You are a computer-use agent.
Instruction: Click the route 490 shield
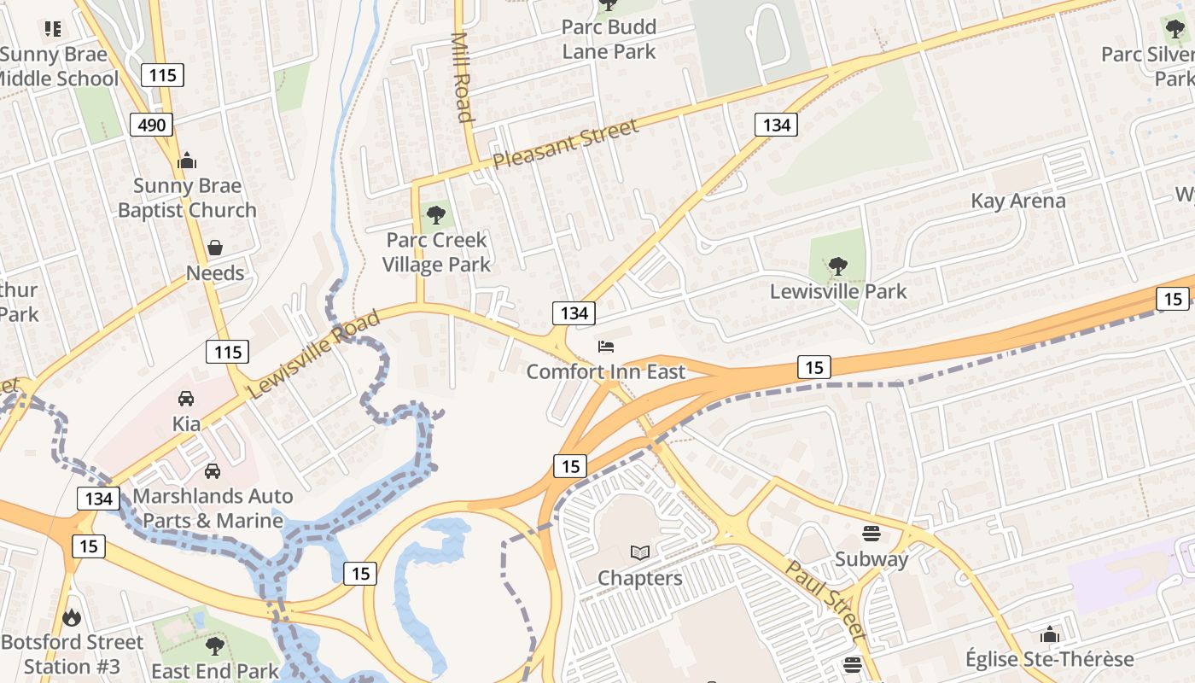pos(152,126)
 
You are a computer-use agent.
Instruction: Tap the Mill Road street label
pos(462,77)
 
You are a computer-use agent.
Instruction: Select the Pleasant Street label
pos(565,143)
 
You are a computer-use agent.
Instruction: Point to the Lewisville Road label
pos(313,355)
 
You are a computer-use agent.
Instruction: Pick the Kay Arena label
pos(1018,201)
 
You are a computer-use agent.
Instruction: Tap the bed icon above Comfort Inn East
pos(606,347)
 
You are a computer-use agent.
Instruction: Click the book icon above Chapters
pos(640,553)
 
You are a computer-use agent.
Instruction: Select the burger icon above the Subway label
pos(871,534)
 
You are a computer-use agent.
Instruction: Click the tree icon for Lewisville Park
pos(838,266)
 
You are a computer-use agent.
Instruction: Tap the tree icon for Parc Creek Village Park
pos(436,214)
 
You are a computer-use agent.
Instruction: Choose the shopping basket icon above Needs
pos(215,248)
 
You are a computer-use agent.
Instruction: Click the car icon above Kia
pos(186,398)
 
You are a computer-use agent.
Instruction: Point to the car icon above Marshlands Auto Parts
pos(213,470)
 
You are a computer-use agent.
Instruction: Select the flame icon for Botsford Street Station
pos(73,616)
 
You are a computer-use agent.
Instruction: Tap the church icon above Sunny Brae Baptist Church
pos(187,161)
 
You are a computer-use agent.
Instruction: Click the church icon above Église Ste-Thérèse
pos(1049,634)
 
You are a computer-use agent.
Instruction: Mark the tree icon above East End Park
pos(215,645)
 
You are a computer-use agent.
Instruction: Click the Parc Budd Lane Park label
pos(609,39)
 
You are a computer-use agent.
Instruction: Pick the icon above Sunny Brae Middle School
pos(54,30)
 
